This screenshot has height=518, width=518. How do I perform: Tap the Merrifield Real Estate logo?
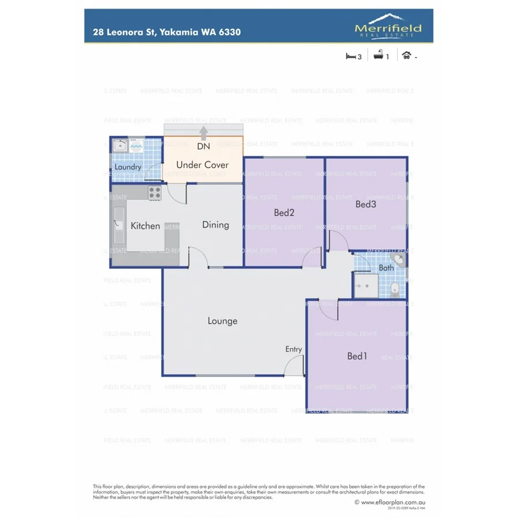(388, 26)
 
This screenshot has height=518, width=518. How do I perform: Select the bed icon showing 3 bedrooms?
(351, 56)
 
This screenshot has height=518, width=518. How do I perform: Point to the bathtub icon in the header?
(379, 56)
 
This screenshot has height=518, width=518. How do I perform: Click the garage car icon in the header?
(407, 56)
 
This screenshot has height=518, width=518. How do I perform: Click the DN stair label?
(203, 147)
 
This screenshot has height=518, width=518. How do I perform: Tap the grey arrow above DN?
(203, 134)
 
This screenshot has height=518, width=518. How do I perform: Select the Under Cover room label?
(202, 165)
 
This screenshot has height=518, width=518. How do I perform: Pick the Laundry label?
(127, 167)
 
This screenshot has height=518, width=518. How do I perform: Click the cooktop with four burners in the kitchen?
(155, 193)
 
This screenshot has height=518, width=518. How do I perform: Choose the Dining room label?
(215, 225)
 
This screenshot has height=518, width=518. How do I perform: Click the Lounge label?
(222, 321)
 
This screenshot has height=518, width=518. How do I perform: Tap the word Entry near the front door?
(294, 349)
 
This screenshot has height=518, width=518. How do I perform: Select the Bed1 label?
(357, 356)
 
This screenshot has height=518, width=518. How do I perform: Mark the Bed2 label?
(284, 213)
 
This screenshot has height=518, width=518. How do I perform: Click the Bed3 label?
(365, 204)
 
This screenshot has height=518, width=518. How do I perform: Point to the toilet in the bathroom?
(395, 289)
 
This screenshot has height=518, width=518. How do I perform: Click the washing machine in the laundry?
(136, 146)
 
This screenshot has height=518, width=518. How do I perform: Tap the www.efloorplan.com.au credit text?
(393, 502)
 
